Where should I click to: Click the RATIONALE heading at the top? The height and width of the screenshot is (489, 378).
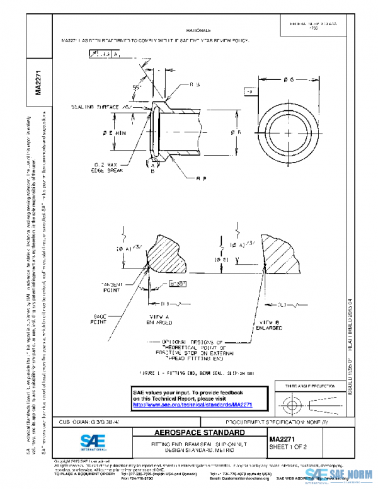point(198,30)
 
